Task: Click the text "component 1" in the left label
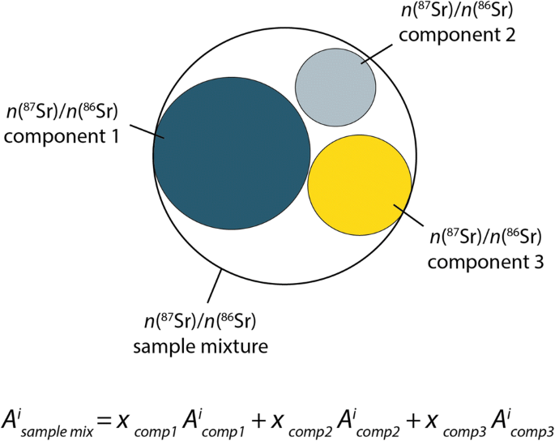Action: coord(62,136)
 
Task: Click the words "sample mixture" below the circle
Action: coord(200,347)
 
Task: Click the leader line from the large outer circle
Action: coord(215,287)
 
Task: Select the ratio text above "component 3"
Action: coord(485,238)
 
